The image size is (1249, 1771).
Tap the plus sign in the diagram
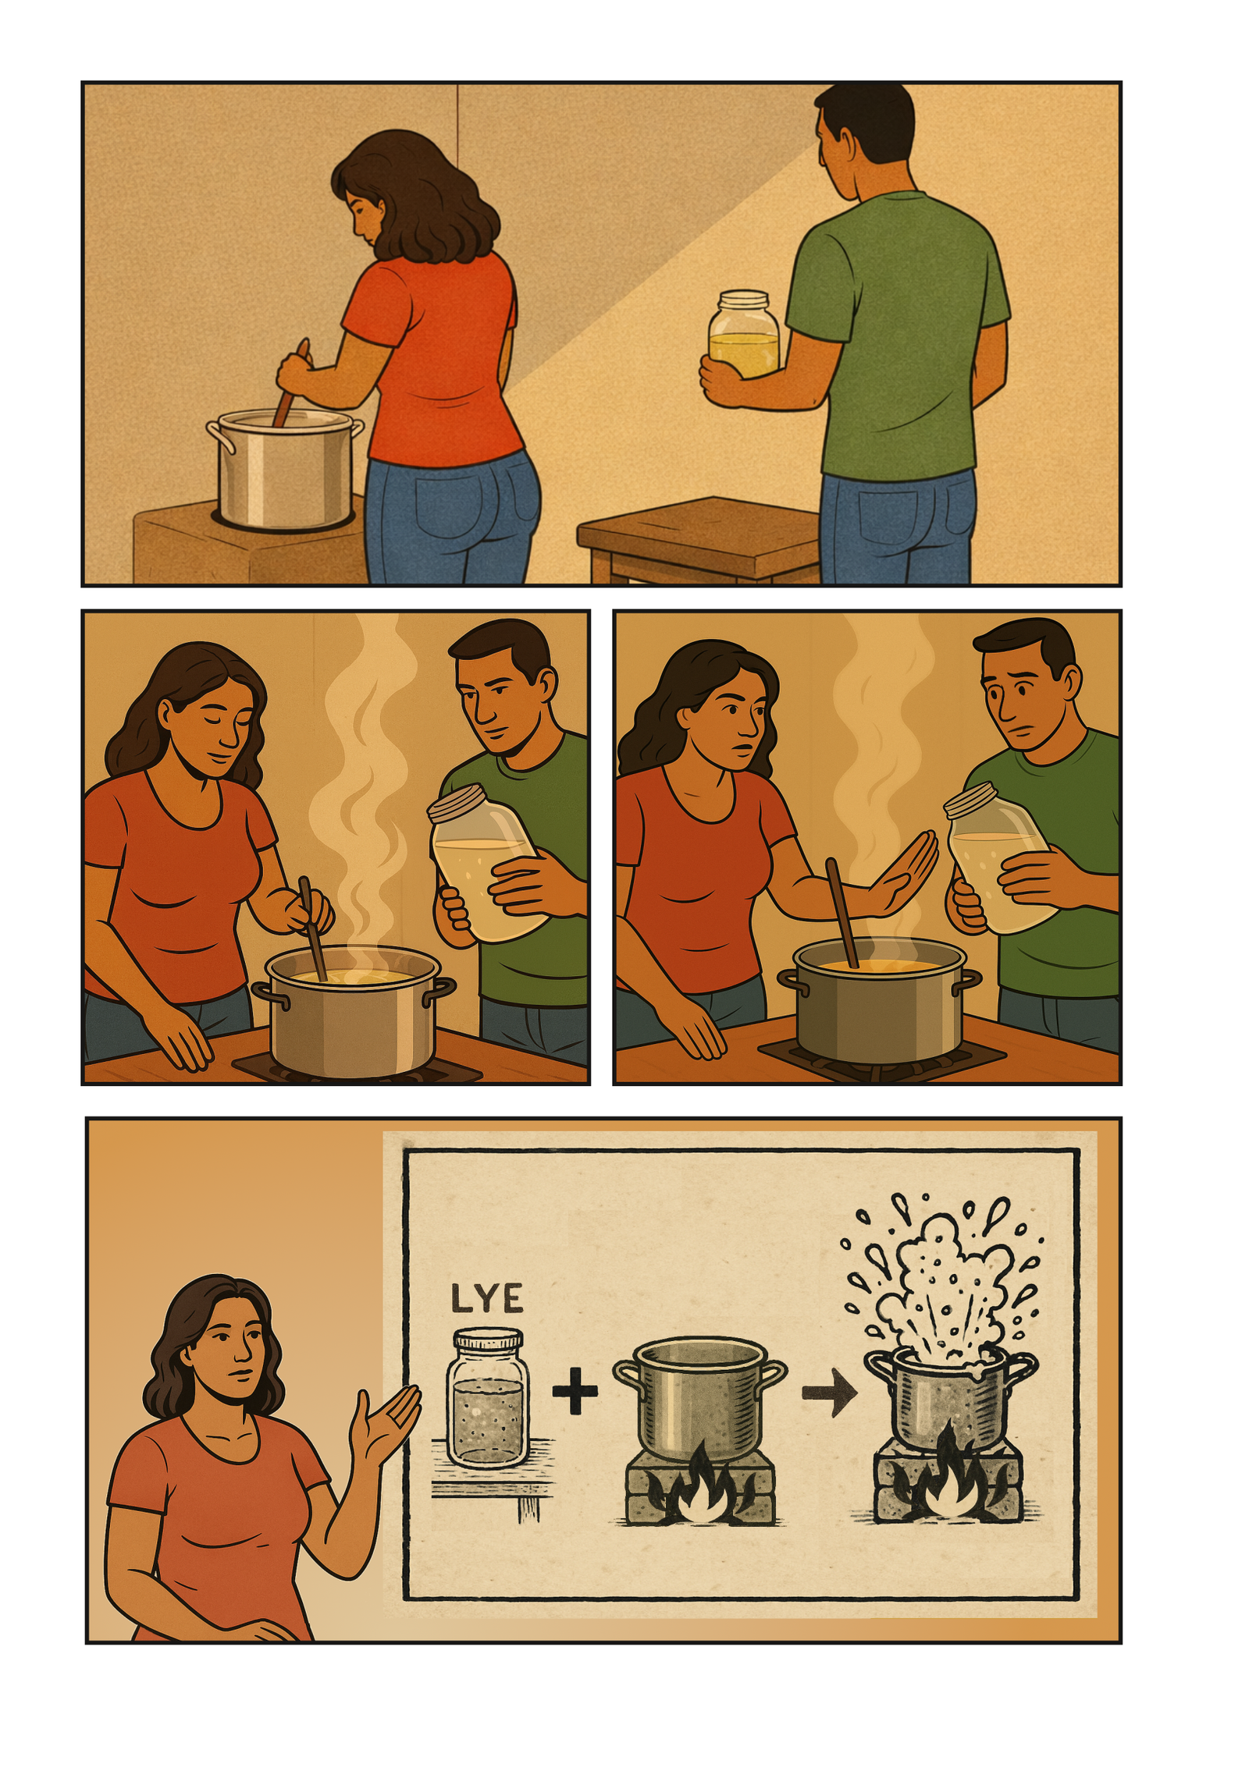pos(575,1389)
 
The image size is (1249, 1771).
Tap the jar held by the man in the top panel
pos(743,335)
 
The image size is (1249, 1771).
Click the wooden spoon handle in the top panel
pos(290,384)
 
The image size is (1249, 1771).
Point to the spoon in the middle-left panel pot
pos(312,928)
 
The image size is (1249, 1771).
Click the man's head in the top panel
pos(863,129)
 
